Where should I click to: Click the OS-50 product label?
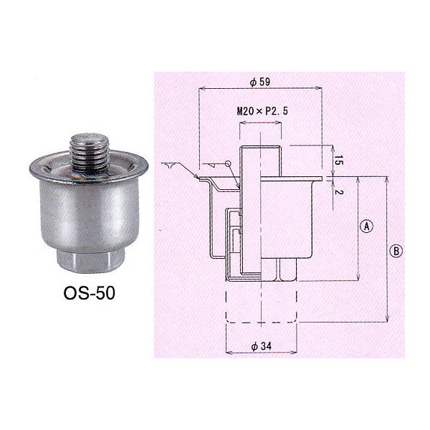pos(89,293)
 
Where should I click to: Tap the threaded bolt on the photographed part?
pos(89,153)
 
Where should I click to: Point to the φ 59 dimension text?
pos(260,82)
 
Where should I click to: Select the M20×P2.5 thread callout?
pos(262,111)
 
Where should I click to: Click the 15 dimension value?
pos(339,160)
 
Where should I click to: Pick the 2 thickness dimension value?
pos(339,191)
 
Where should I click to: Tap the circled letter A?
pos(367,226)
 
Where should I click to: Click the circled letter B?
pos(396,251)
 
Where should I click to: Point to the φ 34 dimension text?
pos(262,346)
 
